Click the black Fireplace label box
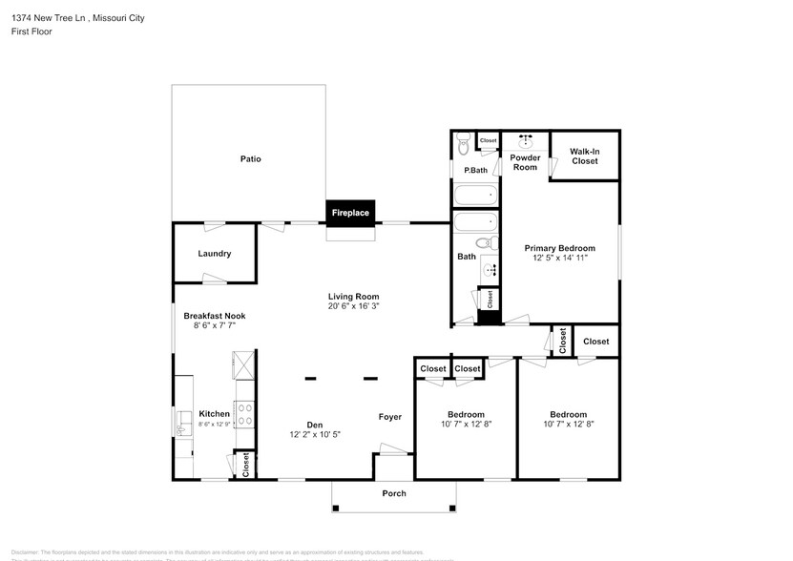point(349,213)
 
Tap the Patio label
point(250,159)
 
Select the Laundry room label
point(214,254)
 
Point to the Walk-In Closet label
point(584,156)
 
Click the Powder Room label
point(525,162)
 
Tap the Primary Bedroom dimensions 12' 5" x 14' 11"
point(559,258)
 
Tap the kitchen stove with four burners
point(244,415)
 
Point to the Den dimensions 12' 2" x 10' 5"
point(314,434)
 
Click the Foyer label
point(389,417)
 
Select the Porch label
point(394,493)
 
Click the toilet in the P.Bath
point(463,144)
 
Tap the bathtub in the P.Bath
point(475,196)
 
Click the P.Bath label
point(475,171)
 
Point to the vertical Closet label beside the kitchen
point(245,465)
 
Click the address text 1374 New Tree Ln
point(48,17)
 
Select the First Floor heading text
point(31,31)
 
